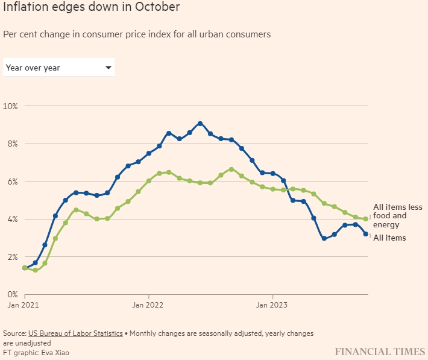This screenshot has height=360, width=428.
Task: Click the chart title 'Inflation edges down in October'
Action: tap(90, 8)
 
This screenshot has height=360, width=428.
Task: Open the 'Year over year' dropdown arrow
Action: tap(109, 68)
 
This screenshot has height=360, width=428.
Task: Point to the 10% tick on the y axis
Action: tap(10, 106)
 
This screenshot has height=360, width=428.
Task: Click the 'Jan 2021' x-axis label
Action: tap(25, 305)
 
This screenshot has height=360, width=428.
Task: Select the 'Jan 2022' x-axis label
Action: tap(148, 305)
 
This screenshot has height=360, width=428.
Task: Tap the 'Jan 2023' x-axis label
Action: tap(272, 305)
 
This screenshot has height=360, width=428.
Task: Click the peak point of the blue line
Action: tap(200, 124)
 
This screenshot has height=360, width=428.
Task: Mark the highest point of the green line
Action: tap(231, 169)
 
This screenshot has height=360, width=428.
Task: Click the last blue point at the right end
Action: tap(365, 234)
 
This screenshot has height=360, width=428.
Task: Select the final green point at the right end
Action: tap(365, 219)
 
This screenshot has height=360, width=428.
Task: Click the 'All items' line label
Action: tap(389, 238)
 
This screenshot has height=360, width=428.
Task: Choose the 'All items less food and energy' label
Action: tap(397, 216)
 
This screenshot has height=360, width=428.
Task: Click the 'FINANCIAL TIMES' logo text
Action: tap(379, 350)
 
